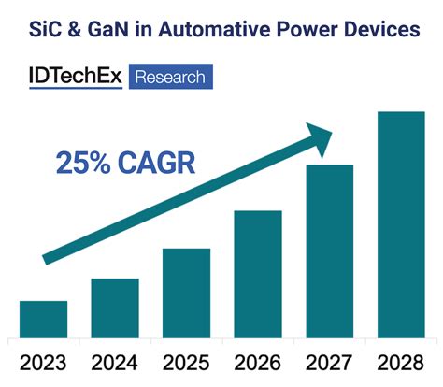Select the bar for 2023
click(43, 319)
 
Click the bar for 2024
click(114, 308)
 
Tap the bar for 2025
click(186, 293)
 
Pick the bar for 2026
click(258, 274)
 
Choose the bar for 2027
click(329, 251)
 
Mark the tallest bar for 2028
click(401, 224)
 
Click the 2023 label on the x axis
click(43, 362)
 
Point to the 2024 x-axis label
click(114, 362)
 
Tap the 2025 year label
click(186, 362)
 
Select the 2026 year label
click(258, 362)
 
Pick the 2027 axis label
click(329, 362)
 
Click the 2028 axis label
click(401, 362)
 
